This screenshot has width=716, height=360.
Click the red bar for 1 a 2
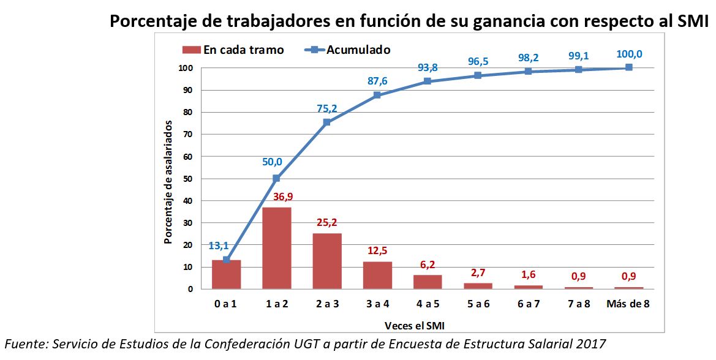tap(276, 248)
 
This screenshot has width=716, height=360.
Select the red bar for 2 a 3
tap(326, 261)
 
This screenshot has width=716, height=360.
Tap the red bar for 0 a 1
tap(226, 274)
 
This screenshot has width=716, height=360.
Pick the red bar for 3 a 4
tap(377, 275)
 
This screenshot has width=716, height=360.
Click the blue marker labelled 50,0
tap(276, 178)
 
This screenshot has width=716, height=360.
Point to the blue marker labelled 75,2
tap(326, 122)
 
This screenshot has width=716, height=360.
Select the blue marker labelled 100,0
tap(628, 67)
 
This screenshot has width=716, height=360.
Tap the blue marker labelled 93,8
tap(427, 81)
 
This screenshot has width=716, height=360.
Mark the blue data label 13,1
tap(218, 246)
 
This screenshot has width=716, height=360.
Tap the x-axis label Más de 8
tap(628, 304)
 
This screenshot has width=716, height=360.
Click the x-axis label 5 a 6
tap(477, 304)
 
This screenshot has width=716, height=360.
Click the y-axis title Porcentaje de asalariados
tap(168, 182)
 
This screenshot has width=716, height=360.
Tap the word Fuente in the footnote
tap(24, 343)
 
